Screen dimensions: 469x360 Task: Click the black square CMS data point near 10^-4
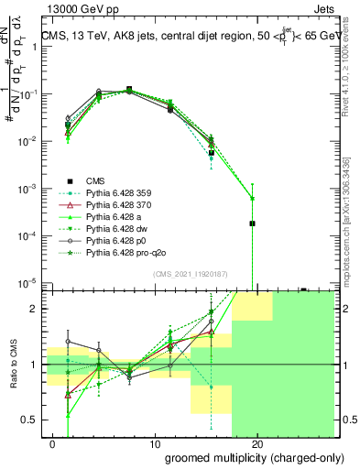point(252,223)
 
